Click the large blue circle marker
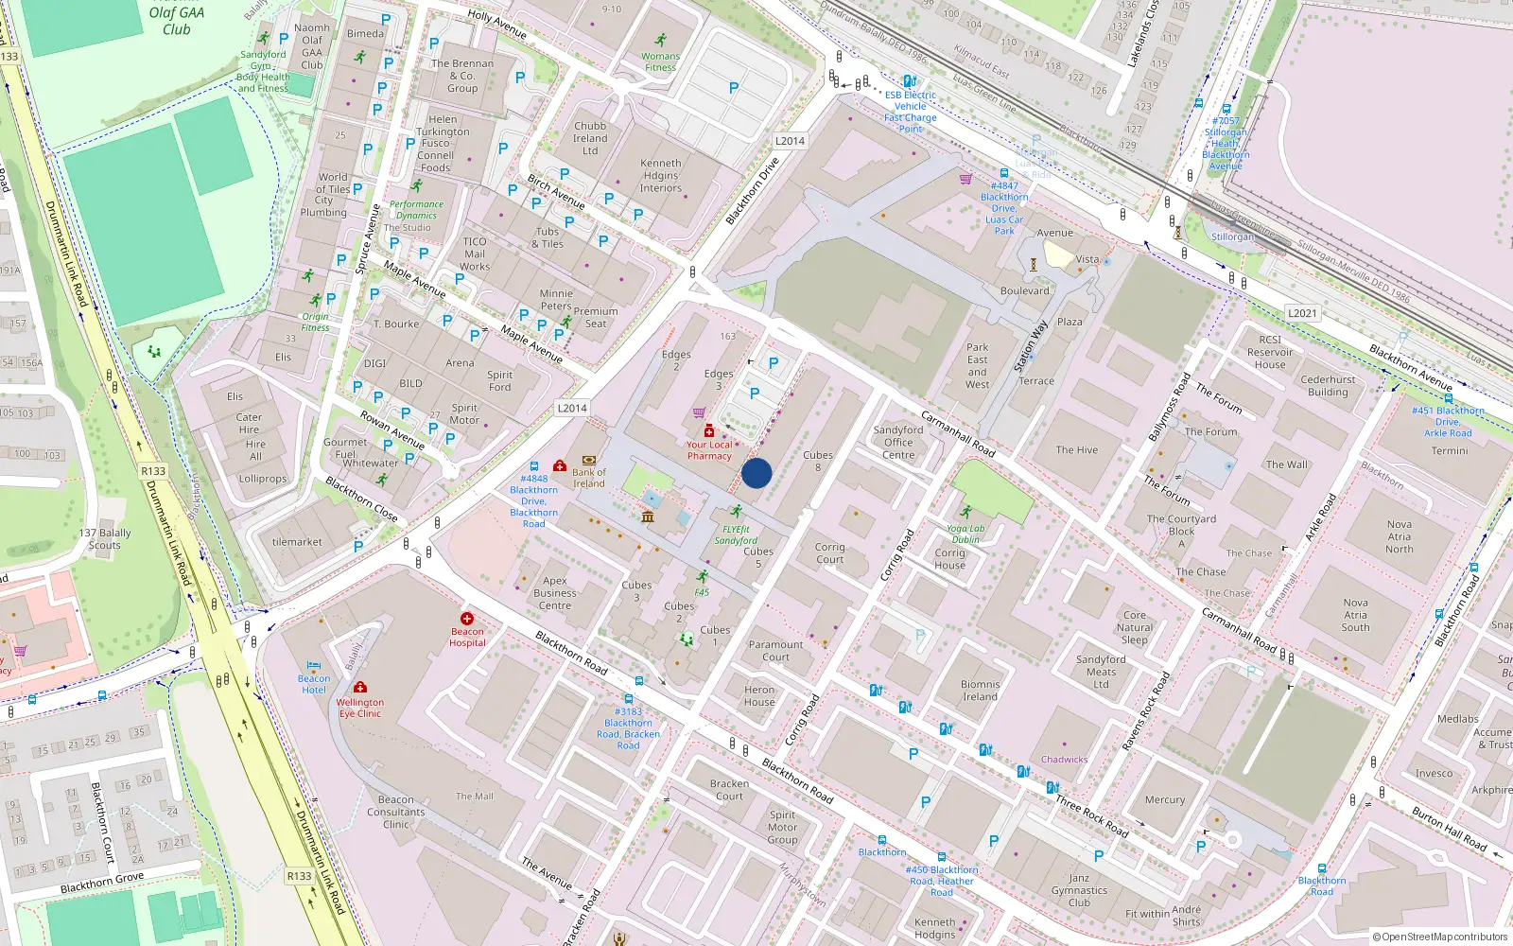pyautogui.click(x=756, y=473)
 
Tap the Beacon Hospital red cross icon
pyautogui.click(x=467, y=619)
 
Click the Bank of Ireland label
pyautogui.click(x=588, y=478)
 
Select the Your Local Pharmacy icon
pyautogui.click(x=709, y=431)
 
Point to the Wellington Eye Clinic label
pyautogui.click(x=360, y=708)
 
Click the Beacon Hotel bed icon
pyautogui.click(x=314, y=666)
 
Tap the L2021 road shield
pyautogui.click(x=1302, y=313)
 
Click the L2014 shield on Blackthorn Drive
pyautogui.click(x=790, y=141)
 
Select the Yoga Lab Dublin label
pyautogui.click(x=965, y=534)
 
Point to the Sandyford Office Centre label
pyautogui.click(x=898, y=442)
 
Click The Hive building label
pyautogui.click(x=1077, y=450)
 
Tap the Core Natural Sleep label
pyautogui.click(x=1135, y=627)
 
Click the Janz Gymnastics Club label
pyautogui.click(x=1079, y=890)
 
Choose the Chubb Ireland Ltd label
pyautogui.click(x=590, y=138)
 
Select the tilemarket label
pyautogui.click(x=297, y=542)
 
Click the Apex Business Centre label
pyautogui.click(x=555, y=593)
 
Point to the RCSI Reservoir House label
pyautogui.click(x=1270, y=352)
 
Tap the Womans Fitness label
pyautogui.click(x=660, y=61)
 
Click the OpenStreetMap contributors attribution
pyautogui.click(x=1439, y=937)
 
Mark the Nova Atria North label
pyautogui.click(x=1400, y=536)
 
